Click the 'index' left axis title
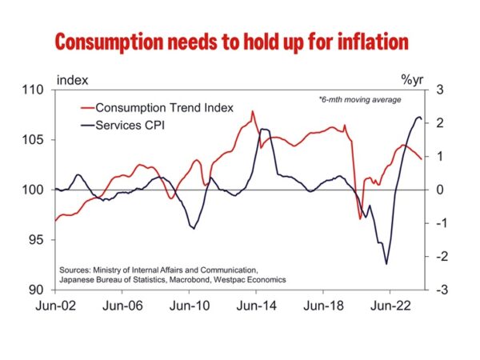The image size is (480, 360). point(72,80)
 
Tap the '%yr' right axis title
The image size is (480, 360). point(410,80)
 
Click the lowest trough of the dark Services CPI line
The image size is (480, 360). point(386,264)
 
